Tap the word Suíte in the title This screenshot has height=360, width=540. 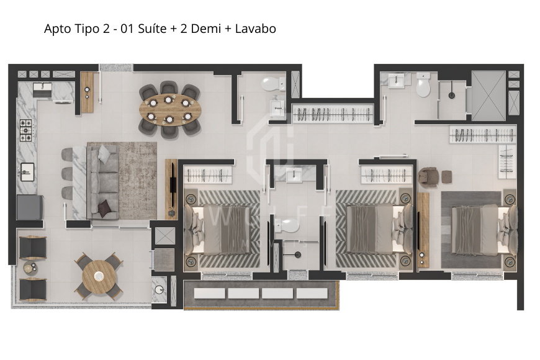(149, 29)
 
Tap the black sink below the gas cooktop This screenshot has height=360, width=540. (27, 169)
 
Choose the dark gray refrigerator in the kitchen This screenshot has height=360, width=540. (29, 207)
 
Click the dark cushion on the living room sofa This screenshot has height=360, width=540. (105, 207)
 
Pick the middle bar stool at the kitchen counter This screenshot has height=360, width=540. (67, 174)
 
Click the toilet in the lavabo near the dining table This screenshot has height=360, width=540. (271, 83)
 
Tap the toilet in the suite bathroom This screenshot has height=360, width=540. (423, 86)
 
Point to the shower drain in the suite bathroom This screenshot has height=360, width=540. (452, 95)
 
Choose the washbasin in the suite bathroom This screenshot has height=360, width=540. (395, 80)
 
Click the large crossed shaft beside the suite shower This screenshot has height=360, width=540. (488, 95)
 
